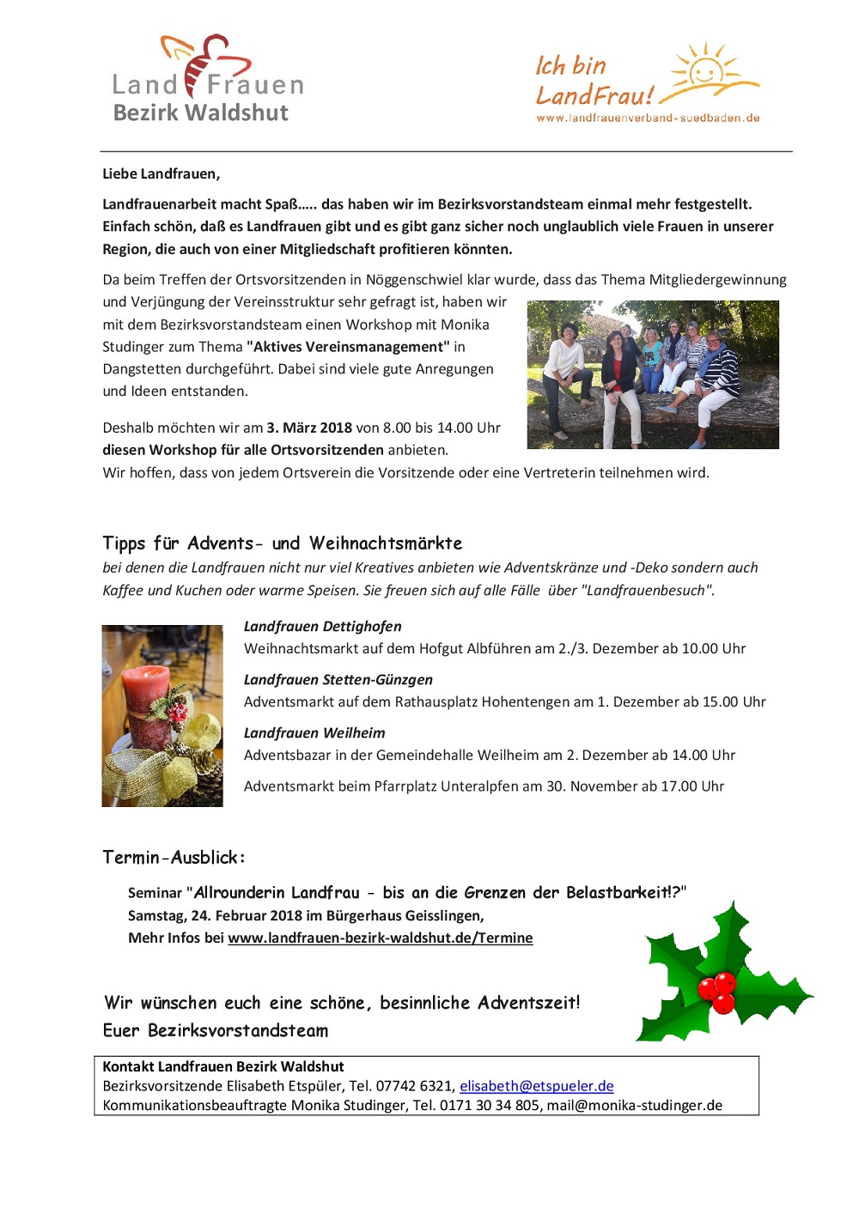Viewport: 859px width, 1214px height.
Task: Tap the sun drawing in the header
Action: (706, 69)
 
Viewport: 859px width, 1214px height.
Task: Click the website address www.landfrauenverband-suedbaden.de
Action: (648, 118)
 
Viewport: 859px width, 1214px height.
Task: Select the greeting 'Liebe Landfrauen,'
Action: (161, 173)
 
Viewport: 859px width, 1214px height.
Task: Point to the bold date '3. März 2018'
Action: (309, 428)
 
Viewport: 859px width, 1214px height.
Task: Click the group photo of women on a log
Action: (653, 374)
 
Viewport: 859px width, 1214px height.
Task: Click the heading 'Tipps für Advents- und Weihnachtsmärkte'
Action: (283, 543)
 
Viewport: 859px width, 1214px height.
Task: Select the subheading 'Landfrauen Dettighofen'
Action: (322, 626)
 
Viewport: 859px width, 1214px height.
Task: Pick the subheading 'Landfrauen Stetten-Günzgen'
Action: (338, 679)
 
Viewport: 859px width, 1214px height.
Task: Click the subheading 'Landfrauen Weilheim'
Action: (314, 732)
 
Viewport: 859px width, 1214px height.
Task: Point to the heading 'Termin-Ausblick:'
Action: (174, 857)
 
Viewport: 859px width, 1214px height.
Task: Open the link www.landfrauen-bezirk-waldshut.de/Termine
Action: (381, 938)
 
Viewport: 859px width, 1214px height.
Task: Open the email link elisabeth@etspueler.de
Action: (537, 1086)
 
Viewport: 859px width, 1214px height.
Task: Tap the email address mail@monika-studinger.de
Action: (635, 1105)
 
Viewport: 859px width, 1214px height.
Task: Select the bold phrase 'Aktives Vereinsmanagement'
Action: (348, 347)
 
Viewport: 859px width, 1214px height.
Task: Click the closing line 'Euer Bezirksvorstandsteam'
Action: (216, 1030)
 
